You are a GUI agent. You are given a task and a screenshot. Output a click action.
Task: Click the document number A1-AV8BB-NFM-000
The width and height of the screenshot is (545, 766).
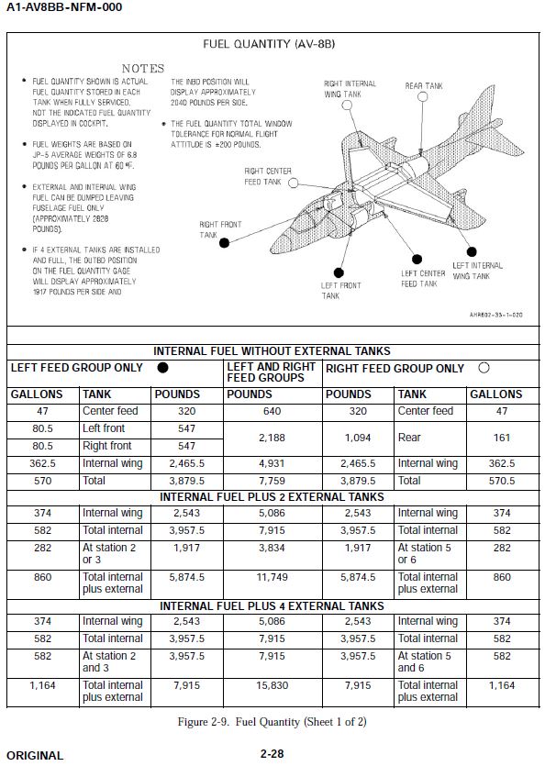[x=64, y=6]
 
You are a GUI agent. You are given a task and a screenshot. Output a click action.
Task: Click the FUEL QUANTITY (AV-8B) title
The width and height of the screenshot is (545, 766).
[x=269, y=44]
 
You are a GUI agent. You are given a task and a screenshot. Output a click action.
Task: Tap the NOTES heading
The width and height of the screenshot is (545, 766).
[x=143, y=69]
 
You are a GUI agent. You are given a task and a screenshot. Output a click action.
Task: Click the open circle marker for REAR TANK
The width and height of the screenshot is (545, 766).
[x=423, y=96]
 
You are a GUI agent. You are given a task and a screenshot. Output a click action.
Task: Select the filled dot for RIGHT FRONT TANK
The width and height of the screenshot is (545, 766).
[x=224, y=243]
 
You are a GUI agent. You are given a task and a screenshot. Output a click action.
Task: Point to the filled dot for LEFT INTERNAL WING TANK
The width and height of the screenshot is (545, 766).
[x=472, y=251]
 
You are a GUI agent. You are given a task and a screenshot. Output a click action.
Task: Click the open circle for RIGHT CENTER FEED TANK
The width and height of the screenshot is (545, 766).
[x=293, y=183]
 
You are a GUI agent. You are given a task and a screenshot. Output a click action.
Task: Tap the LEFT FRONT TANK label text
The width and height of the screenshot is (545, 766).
[x=340, y=291]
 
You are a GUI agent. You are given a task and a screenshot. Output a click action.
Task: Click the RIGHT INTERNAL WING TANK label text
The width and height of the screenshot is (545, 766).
[x=350, y=89]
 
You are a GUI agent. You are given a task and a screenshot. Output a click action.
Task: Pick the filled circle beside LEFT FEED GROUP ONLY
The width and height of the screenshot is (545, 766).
[x=162, y=367]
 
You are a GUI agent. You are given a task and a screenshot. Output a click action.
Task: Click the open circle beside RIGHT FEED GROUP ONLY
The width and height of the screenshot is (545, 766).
[x=484, y=368]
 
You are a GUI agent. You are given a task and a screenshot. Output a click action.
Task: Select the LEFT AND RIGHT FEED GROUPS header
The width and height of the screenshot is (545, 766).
[x=271, y=372]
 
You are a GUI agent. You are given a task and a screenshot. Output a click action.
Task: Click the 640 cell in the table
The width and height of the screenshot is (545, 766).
[x=272, y=411]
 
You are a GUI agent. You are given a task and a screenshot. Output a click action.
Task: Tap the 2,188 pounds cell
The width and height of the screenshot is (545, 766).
[x=272, y=438]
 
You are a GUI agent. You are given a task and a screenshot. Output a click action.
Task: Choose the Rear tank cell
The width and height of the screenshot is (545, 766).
[x=409, y=438]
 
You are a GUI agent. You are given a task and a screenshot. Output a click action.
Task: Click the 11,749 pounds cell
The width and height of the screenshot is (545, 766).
[x=272, y=577]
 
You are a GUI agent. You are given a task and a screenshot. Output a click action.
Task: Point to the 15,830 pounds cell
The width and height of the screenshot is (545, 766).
[x=272, y=686]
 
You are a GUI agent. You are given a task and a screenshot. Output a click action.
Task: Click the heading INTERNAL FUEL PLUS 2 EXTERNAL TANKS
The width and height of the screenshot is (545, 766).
[x=272, y=497]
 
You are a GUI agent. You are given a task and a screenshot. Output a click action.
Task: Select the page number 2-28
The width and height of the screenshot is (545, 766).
[x=272, y=754]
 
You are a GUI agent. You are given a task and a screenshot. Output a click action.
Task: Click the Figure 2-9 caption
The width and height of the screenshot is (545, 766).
[x=272, y=722]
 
